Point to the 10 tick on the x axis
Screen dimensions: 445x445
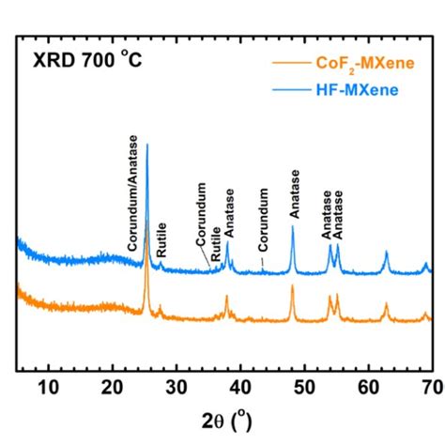point(49,387)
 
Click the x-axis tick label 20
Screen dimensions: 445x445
point(113,387)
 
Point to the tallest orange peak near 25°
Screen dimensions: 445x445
point(146,222)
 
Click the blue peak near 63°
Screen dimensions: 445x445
point(385,253)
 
